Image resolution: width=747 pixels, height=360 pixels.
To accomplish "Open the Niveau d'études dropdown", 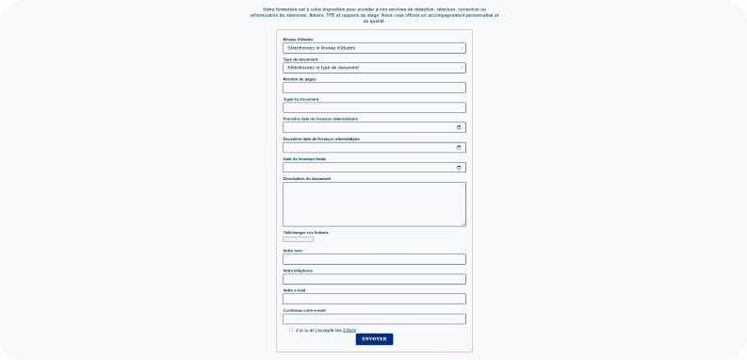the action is click(x=374, y=47).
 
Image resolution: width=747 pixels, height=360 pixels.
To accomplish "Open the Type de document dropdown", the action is click(x=374, y=68).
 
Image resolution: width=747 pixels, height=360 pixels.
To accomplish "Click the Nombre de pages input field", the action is click(x=374, y=88).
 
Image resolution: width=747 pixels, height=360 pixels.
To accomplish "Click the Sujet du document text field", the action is click(x=374, y=107).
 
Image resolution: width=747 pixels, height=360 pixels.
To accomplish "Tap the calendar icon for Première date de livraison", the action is click(x=459, y=127).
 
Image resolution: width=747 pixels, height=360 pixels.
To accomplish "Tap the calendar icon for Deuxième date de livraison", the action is click(x=459, y=147).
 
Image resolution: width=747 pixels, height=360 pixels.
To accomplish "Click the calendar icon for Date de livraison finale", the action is click(x=459, y=168).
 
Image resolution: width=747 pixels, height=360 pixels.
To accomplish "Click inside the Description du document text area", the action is click(x=374, y=204).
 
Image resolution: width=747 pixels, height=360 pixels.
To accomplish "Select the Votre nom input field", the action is click(x=374, y=259).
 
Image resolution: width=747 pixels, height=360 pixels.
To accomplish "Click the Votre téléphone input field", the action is click(x=374, y=279).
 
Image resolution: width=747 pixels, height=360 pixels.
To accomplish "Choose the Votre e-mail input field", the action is click(x=374, y=299).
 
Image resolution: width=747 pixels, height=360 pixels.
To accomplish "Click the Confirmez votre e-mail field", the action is click(x=374, y=319).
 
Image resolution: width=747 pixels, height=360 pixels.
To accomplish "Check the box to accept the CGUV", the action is click(x=291, y=330).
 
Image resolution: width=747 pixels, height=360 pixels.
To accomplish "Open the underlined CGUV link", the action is click(x=349, y=330).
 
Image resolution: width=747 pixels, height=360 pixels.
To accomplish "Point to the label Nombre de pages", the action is click(x=300, y=79).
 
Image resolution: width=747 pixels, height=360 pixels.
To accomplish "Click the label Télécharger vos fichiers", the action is click(x=305, y=232).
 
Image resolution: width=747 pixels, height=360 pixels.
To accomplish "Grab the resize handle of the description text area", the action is click(x=463, y=224).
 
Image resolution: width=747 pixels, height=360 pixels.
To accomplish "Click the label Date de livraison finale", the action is click(x=304, y=158).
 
